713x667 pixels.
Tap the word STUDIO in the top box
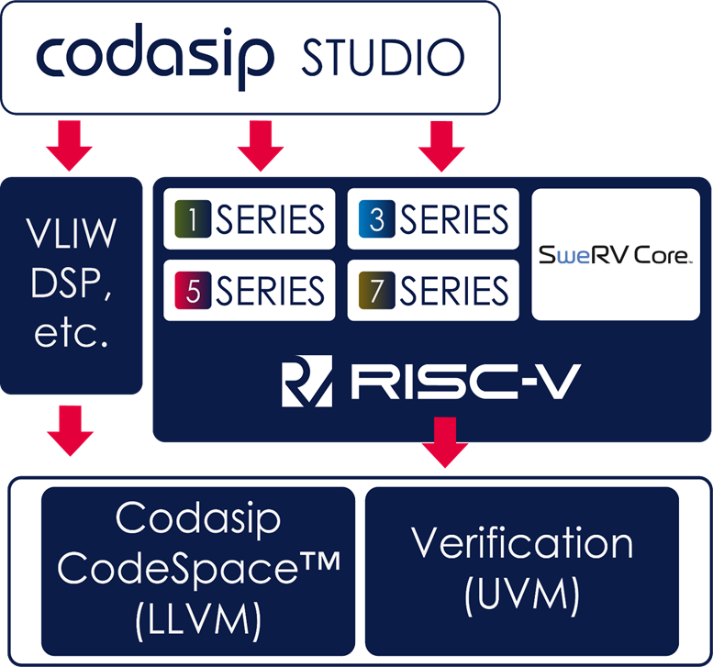(382, 57)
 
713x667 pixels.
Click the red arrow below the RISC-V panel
(444, 441)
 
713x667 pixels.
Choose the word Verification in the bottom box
(522, 543)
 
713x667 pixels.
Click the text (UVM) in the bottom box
(522, 596)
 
